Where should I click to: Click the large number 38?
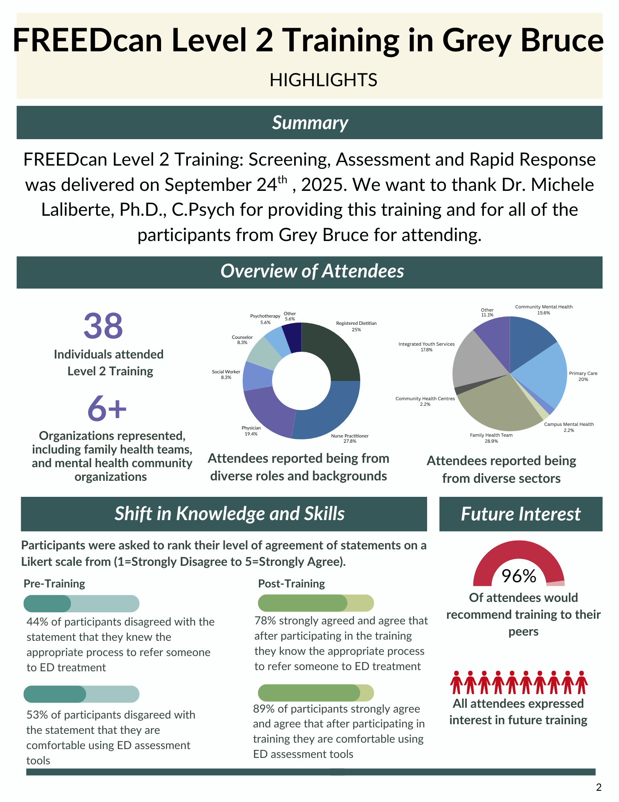(x=103, y=326)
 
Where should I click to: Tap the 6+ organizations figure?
(x=107, y=408)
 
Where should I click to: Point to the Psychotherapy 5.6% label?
(x=265, y=319)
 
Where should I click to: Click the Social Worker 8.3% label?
(x=226, y=375)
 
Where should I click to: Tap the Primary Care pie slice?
(x=545, y=373)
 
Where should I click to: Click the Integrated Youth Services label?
(x=426, y=347)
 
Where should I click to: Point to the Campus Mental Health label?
(x=569, y=427)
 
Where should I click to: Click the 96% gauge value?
(x=519, y=576)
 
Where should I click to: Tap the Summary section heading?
(x=310, y=123)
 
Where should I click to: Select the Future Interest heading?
(x=520, y=514)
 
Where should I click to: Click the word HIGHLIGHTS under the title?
(x=323, y=80)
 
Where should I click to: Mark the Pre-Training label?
(x=54, y=583)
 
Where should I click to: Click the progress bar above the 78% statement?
(x=316, y=603)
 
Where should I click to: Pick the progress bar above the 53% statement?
(x=81, y=694)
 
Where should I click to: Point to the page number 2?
(x=599, y=787)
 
